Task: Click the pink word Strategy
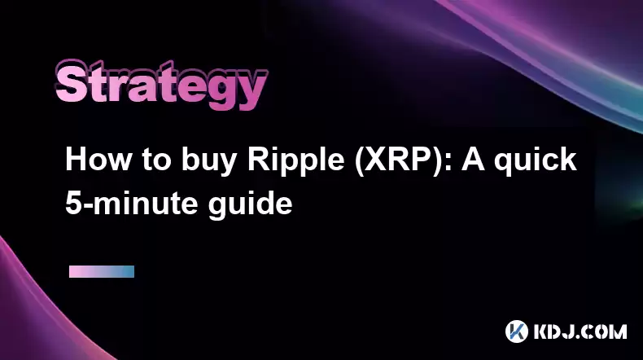161,85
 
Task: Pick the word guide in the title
250,204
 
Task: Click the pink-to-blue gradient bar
102,271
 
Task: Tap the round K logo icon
516,331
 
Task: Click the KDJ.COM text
580,331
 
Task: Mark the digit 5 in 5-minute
72,203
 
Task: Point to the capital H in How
76,160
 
